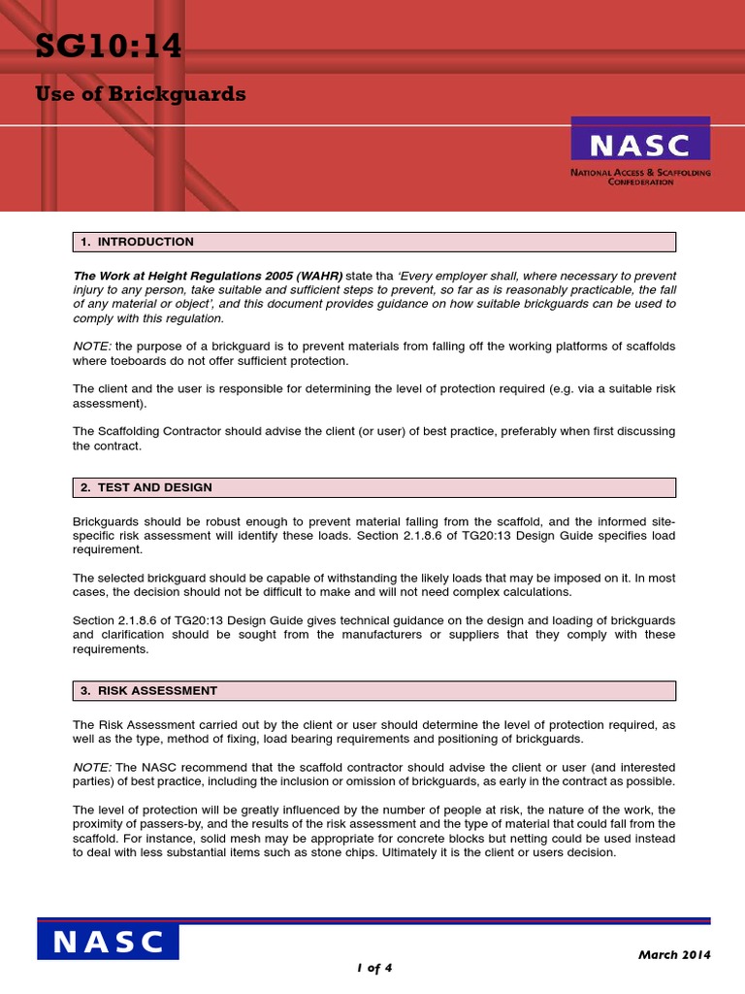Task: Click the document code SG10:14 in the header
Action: [108, 46]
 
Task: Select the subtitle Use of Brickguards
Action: [141, 94]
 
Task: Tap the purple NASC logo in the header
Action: [639, 145]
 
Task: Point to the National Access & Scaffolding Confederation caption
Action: [640, 177]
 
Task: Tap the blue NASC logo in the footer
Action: [108, 942]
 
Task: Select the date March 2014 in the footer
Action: [673, 954]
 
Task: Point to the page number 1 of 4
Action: [372, 968]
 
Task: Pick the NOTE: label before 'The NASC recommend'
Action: [92, 767]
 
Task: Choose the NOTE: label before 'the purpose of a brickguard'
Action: [92, 347]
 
